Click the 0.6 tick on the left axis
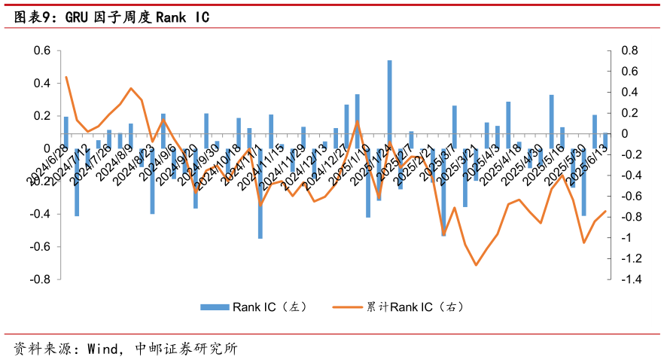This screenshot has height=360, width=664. point(39,50)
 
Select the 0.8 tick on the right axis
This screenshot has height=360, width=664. point(629,50)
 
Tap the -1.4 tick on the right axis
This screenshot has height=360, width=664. point(631,279)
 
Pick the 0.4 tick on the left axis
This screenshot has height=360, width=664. point(39,84)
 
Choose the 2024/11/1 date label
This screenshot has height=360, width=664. point(245,165)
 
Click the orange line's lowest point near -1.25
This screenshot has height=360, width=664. point(476,265)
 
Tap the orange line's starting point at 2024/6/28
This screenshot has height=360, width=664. point(66,77)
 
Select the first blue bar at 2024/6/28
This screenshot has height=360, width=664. point(66,133)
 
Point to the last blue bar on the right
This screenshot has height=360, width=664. point(605,141)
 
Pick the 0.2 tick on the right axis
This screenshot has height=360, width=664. point(629,113)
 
